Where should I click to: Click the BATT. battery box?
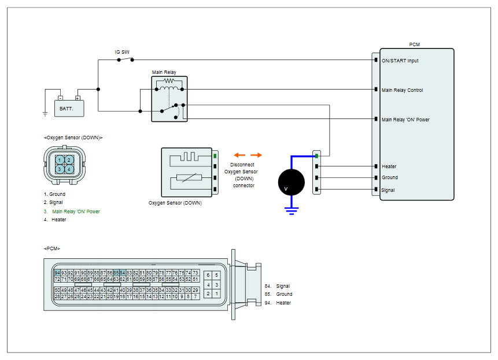69,109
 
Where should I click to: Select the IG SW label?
122,52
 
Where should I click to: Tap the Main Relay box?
169,99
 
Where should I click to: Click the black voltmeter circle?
292,183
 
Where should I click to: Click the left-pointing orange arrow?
239,155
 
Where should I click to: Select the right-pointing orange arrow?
256,155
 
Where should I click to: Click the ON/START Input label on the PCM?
400,61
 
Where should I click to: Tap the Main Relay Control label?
402,90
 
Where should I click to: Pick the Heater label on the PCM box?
389,166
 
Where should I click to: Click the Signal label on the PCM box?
388,190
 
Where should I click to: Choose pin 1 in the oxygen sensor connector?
60,160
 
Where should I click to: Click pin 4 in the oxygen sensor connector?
69,169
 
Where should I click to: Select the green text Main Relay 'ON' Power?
76,211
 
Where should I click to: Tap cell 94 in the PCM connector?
57,273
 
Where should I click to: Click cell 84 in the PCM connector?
122,273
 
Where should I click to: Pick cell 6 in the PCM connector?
208,275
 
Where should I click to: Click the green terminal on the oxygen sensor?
215,156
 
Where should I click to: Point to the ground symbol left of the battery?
45,114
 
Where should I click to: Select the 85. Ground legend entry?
278,294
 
